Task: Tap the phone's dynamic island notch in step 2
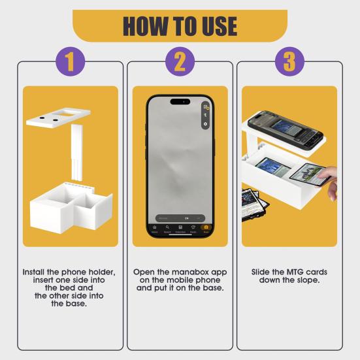(x=180, y=101)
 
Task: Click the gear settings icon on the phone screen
(x=205, y=123)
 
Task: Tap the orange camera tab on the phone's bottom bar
(x=206, y=228)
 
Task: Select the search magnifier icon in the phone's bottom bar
(x=167, y=228)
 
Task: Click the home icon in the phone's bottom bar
(x=155, y=228)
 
